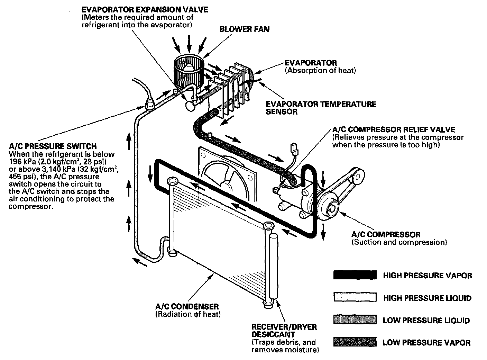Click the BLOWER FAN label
(244, 29)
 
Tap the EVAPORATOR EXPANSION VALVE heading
(145, 9)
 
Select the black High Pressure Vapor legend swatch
(355, 275)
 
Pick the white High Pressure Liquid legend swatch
(355, 298)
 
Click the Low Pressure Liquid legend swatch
(355, 320)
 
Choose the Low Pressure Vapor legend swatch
(355, 342)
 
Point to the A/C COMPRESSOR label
(386, 234)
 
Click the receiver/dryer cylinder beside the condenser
(274, 267)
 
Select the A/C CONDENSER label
(187, 306)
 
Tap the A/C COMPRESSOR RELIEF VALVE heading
(393, 129)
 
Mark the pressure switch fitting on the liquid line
(150, 103)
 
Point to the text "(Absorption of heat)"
(320, 71)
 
